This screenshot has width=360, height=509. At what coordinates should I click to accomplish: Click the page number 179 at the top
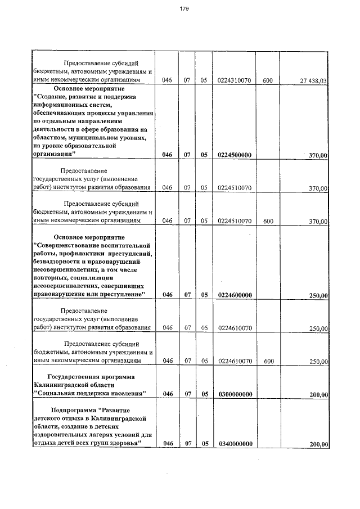[184, 8]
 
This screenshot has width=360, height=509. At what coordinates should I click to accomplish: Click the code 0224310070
[234, 81]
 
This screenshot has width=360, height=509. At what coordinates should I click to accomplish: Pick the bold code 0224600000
[234, 294]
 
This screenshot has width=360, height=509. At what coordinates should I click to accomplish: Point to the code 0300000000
[234, 394]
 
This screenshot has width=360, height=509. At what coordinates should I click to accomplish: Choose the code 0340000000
[234, 444]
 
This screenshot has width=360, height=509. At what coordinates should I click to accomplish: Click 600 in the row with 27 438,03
[268, 81]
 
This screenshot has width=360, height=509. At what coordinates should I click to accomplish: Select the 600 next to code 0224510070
[268, 221]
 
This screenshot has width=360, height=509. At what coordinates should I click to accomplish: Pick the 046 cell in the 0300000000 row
[166, 394]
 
